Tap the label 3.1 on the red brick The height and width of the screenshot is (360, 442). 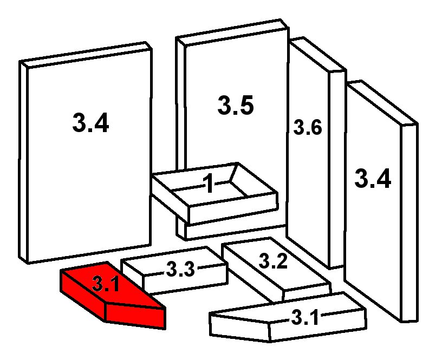pyautogui.click(x=106, y=284)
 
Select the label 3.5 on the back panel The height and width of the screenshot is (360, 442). pyautogui.click(x=236, y=105)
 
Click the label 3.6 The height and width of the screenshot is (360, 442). pyautogui.click(x=308, y=127)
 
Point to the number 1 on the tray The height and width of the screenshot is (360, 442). pyautogui.click(x=209, y=183)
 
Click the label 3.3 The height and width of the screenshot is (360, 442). pyautogui.click(x=180, y=269)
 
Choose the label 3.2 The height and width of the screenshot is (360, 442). pyautogui.click(x=273, y=261)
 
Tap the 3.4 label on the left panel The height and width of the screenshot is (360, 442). pyautogui.click(x=90, y=123)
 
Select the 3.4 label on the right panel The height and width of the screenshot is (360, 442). pyautogui.click(x=373, y=178)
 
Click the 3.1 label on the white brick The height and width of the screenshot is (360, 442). pyautogui.click(x=305, y=317)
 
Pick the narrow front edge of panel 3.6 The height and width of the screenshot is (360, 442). pyautogui.click(x=337, y=169)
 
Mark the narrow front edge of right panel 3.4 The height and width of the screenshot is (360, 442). pyautogui.click(x=409, y=222)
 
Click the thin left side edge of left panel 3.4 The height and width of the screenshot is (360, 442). pyautogui.click(x=24, y=162)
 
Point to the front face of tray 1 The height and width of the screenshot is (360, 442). pyautogui.click(x=233, y=209)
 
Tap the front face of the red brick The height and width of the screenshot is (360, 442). pyautogui.click(x=135, y=316)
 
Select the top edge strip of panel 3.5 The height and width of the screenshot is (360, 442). pyautogui.click(x=232, y=32)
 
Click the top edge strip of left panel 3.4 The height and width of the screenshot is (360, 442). pyautogui.click(x=86, y=55)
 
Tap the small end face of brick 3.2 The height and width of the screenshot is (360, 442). pyautogui.click(x=307, y=292)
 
